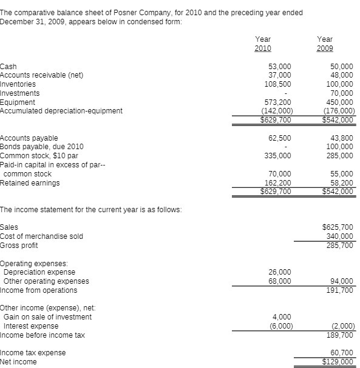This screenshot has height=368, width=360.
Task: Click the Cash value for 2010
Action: click(x=279, y=67)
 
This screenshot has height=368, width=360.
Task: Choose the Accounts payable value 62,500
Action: click(x=280, y=138)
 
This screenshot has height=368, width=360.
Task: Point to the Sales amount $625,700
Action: click(x=339, y=227)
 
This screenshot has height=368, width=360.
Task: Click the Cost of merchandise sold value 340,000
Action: click(x=340, y=236)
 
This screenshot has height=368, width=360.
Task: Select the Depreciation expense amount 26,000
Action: click(x=280, y=272)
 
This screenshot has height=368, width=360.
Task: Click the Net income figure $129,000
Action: click(x=339, y=362)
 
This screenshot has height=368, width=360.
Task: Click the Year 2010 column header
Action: click(x=263, y=44)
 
